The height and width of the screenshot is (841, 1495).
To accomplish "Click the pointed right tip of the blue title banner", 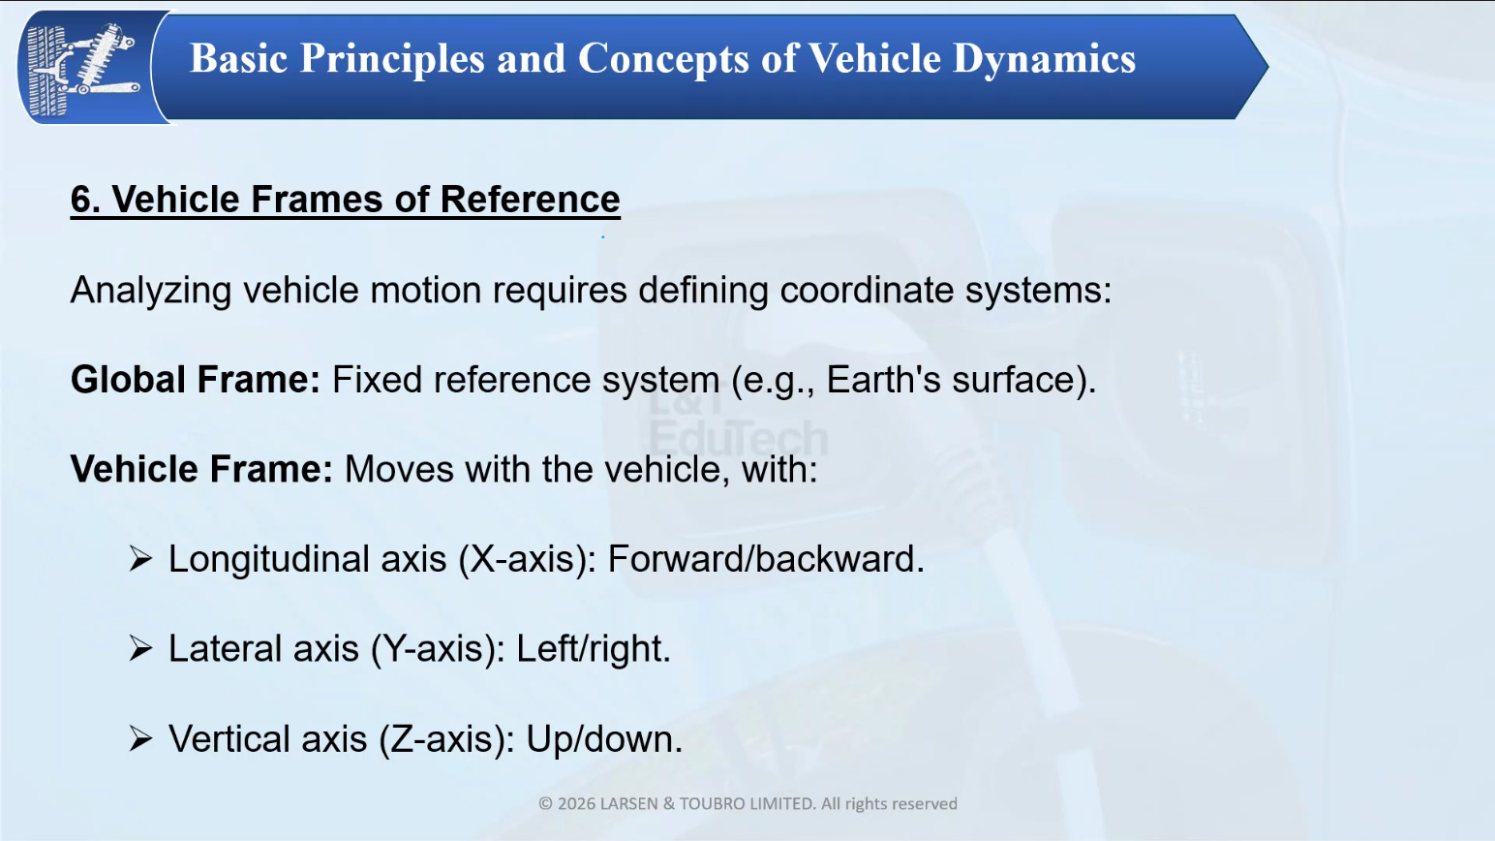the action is pos(1268,66).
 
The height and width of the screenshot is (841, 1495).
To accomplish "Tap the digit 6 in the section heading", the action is pos(80,199).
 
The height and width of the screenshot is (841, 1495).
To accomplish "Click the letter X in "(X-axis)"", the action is pos(482,558).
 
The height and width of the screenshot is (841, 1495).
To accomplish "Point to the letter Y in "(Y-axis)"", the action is pos(394,648).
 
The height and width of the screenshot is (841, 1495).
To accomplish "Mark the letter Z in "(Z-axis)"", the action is pos(401,739).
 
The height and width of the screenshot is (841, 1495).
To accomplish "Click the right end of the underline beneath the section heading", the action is pos(620,217).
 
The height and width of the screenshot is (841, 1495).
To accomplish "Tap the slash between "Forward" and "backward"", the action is pos(749,558).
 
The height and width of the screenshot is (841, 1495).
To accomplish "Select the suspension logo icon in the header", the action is pos(83,68).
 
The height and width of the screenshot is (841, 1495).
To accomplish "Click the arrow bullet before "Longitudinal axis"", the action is pos(140,559).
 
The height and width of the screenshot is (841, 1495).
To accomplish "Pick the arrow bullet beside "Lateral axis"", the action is pos(140,648).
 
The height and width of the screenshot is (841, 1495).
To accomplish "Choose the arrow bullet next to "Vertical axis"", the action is pos(140,739).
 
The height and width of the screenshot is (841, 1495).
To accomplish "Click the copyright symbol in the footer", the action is pos(545,803).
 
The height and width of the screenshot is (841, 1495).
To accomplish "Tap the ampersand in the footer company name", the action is pos(669,803).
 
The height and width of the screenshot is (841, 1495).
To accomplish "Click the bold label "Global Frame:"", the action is pos(196,380).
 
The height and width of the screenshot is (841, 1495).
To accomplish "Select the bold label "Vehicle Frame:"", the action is pos(201,469).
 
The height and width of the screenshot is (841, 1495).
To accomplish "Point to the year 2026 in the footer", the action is pos(576,803).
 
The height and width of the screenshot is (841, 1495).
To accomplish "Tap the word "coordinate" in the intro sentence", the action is pos(867,290).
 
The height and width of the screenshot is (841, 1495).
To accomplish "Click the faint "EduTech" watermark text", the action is pos(738,438).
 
